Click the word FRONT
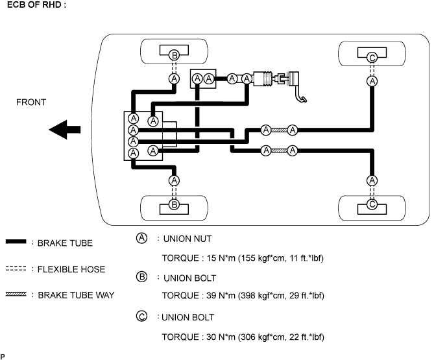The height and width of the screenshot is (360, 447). click(x=32, y=102)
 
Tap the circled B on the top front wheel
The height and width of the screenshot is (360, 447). click(x=174, y=55)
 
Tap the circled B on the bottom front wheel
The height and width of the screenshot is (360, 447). click(x=174, y=204)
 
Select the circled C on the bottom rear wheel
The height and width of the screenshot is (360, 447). click(x=372, y=204)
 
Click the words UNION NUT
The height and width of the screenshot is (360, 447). click(x=187, y=239)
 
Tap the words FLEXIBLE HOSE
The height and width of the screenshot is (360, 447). click(x=71, y=269)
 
